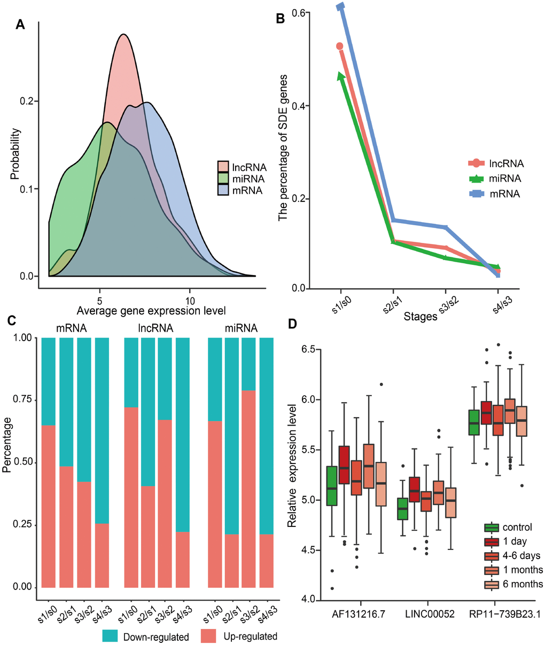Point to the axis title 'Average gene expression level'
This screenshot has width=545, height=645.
pyautogui.click(x=151, y=310)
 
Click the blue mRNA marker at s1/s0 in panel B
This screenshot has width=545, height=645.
pyautogui.click(x=341, y=6)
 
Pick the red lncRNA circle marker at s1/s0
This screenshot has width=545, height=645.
pyautogui.click(x=339, y=46)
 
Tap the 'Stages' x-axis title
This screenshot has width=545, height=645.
pyautogui.click(x=421, y=317)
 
